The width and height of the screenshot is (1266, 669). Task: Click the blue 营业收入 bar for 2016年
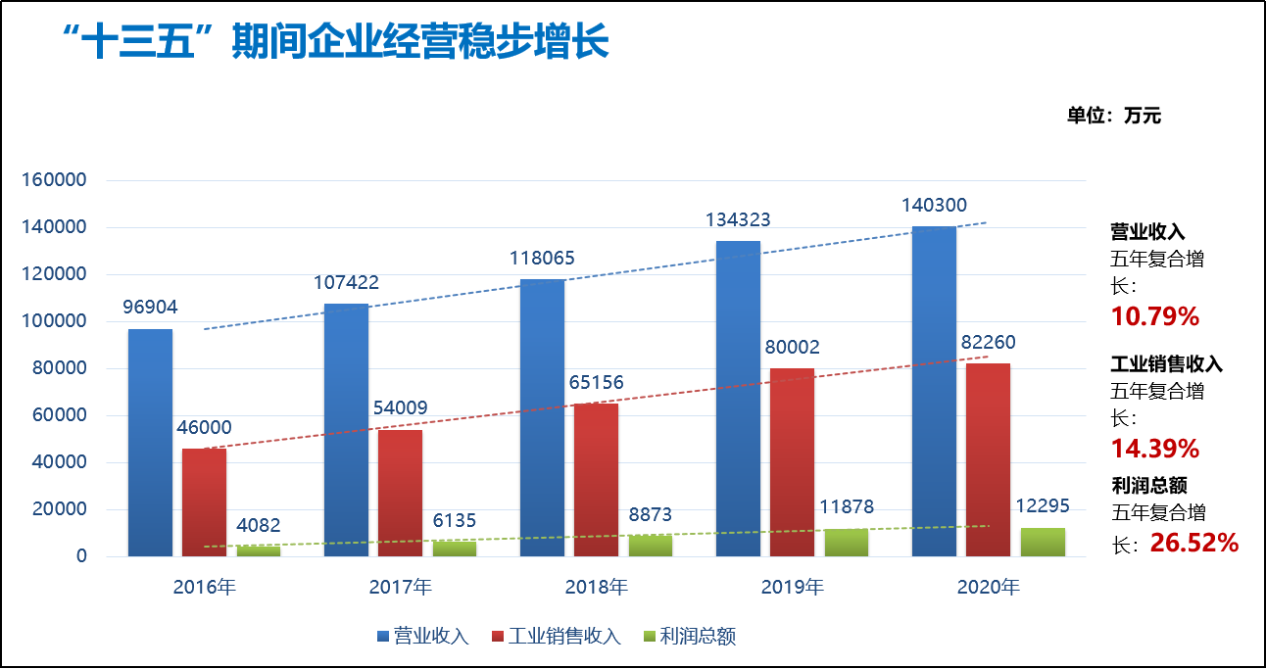150,443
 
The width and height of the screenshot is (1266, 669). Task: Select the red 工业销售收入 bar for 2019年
792,462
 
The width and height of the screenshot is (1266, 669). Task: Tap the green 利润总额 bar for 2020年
1043,542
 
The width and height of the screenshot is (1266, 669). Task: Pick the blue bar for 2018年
542,417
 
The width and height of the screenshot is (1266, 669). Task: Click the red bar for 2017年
400,493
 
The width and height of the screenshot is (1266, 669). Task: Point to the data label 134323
738,220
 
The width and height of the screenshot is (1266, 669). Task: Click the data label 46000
204,428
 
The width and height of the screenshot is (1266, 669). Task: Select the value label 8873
651,515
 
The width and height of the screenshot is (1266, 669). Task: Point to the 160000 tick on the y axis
55,181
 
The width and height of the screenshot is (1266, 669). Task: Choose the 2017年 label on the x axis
400,588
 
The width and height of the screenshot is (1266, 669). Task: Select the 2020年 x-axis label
988,588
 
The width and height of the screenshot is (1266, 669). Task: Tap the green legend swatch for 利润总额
648,637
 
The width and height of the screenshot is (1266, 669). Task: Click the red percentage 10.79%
1154,316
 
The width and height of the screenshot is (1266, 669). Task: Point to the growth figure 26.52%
1194,542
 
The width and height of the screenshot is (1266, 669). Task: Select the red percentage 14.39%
1154,449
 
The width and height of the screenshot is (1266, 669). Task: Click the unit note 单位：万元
1113,116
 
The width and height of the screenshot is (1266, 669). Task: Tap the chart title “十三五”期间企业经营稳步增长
333,44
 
